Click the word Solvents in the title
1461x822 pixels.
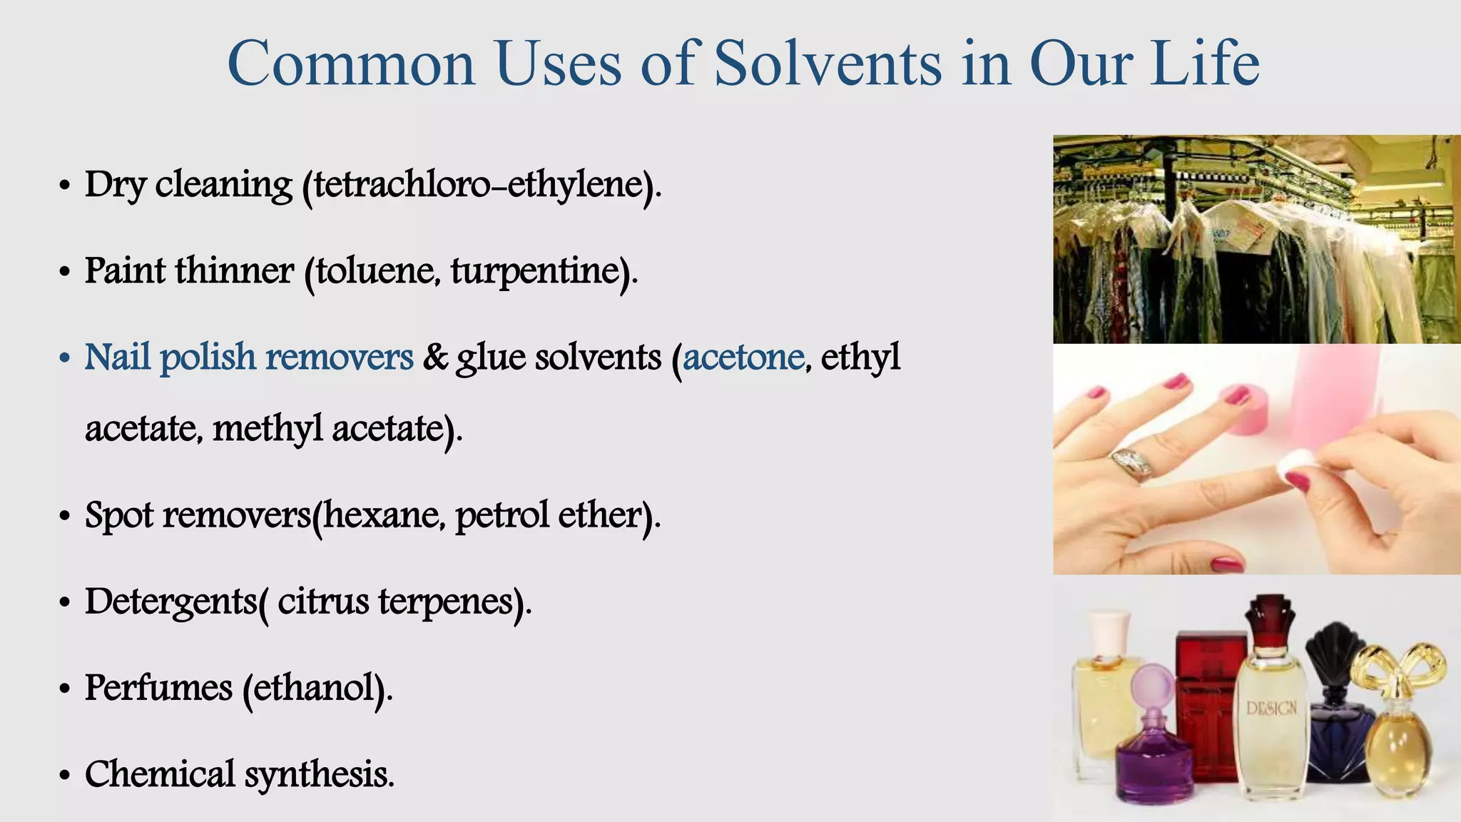(x=828, y=64)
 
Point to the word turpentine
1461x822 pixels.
(x=535, y=272)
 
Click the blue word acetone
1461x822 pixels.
(x=743, y=357)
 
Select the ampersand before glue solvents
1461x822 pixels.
(x=434, y=357)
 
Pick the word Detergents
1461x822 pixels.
(x=170, y=602)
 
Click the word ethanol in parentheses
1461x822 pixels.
(x=314, y=689)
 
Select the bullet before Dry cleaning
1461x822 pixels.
(x=65, y=187)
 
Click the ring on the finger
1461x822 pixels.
(x=1133, y=463)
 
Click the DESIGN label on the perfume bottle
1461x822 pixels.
(x=1271, y=709)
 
